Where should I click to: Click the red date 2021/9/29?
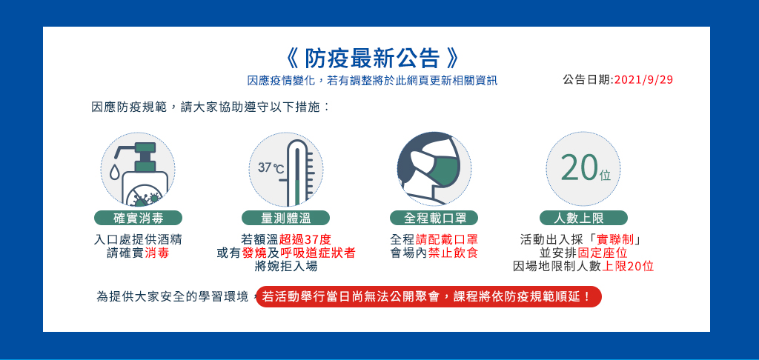(644, 80)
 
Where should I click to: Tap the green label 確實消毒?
(138, 219)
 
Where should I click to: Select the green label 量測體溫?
(285, 219)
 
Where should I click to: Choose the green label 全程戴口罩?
(434, 219)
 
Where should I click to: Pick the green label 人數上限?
(583, 219)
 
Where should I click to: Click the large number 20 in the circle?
(578, 168)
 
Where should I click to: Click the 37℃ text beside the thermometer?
(271, 168)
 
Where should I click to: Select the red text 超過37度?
(305, 240)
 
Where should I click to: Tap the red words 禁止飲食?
(453, 253)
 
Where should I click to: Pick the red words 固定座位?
(603, 253)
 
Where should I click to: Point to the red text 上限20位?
(628, 266)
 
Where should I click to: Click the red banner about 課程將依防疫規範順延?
(428, 296)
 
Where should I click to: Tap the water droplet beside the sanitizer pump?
(115, 173)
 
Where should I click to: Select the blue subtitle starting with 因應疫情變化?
(372, 81)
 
